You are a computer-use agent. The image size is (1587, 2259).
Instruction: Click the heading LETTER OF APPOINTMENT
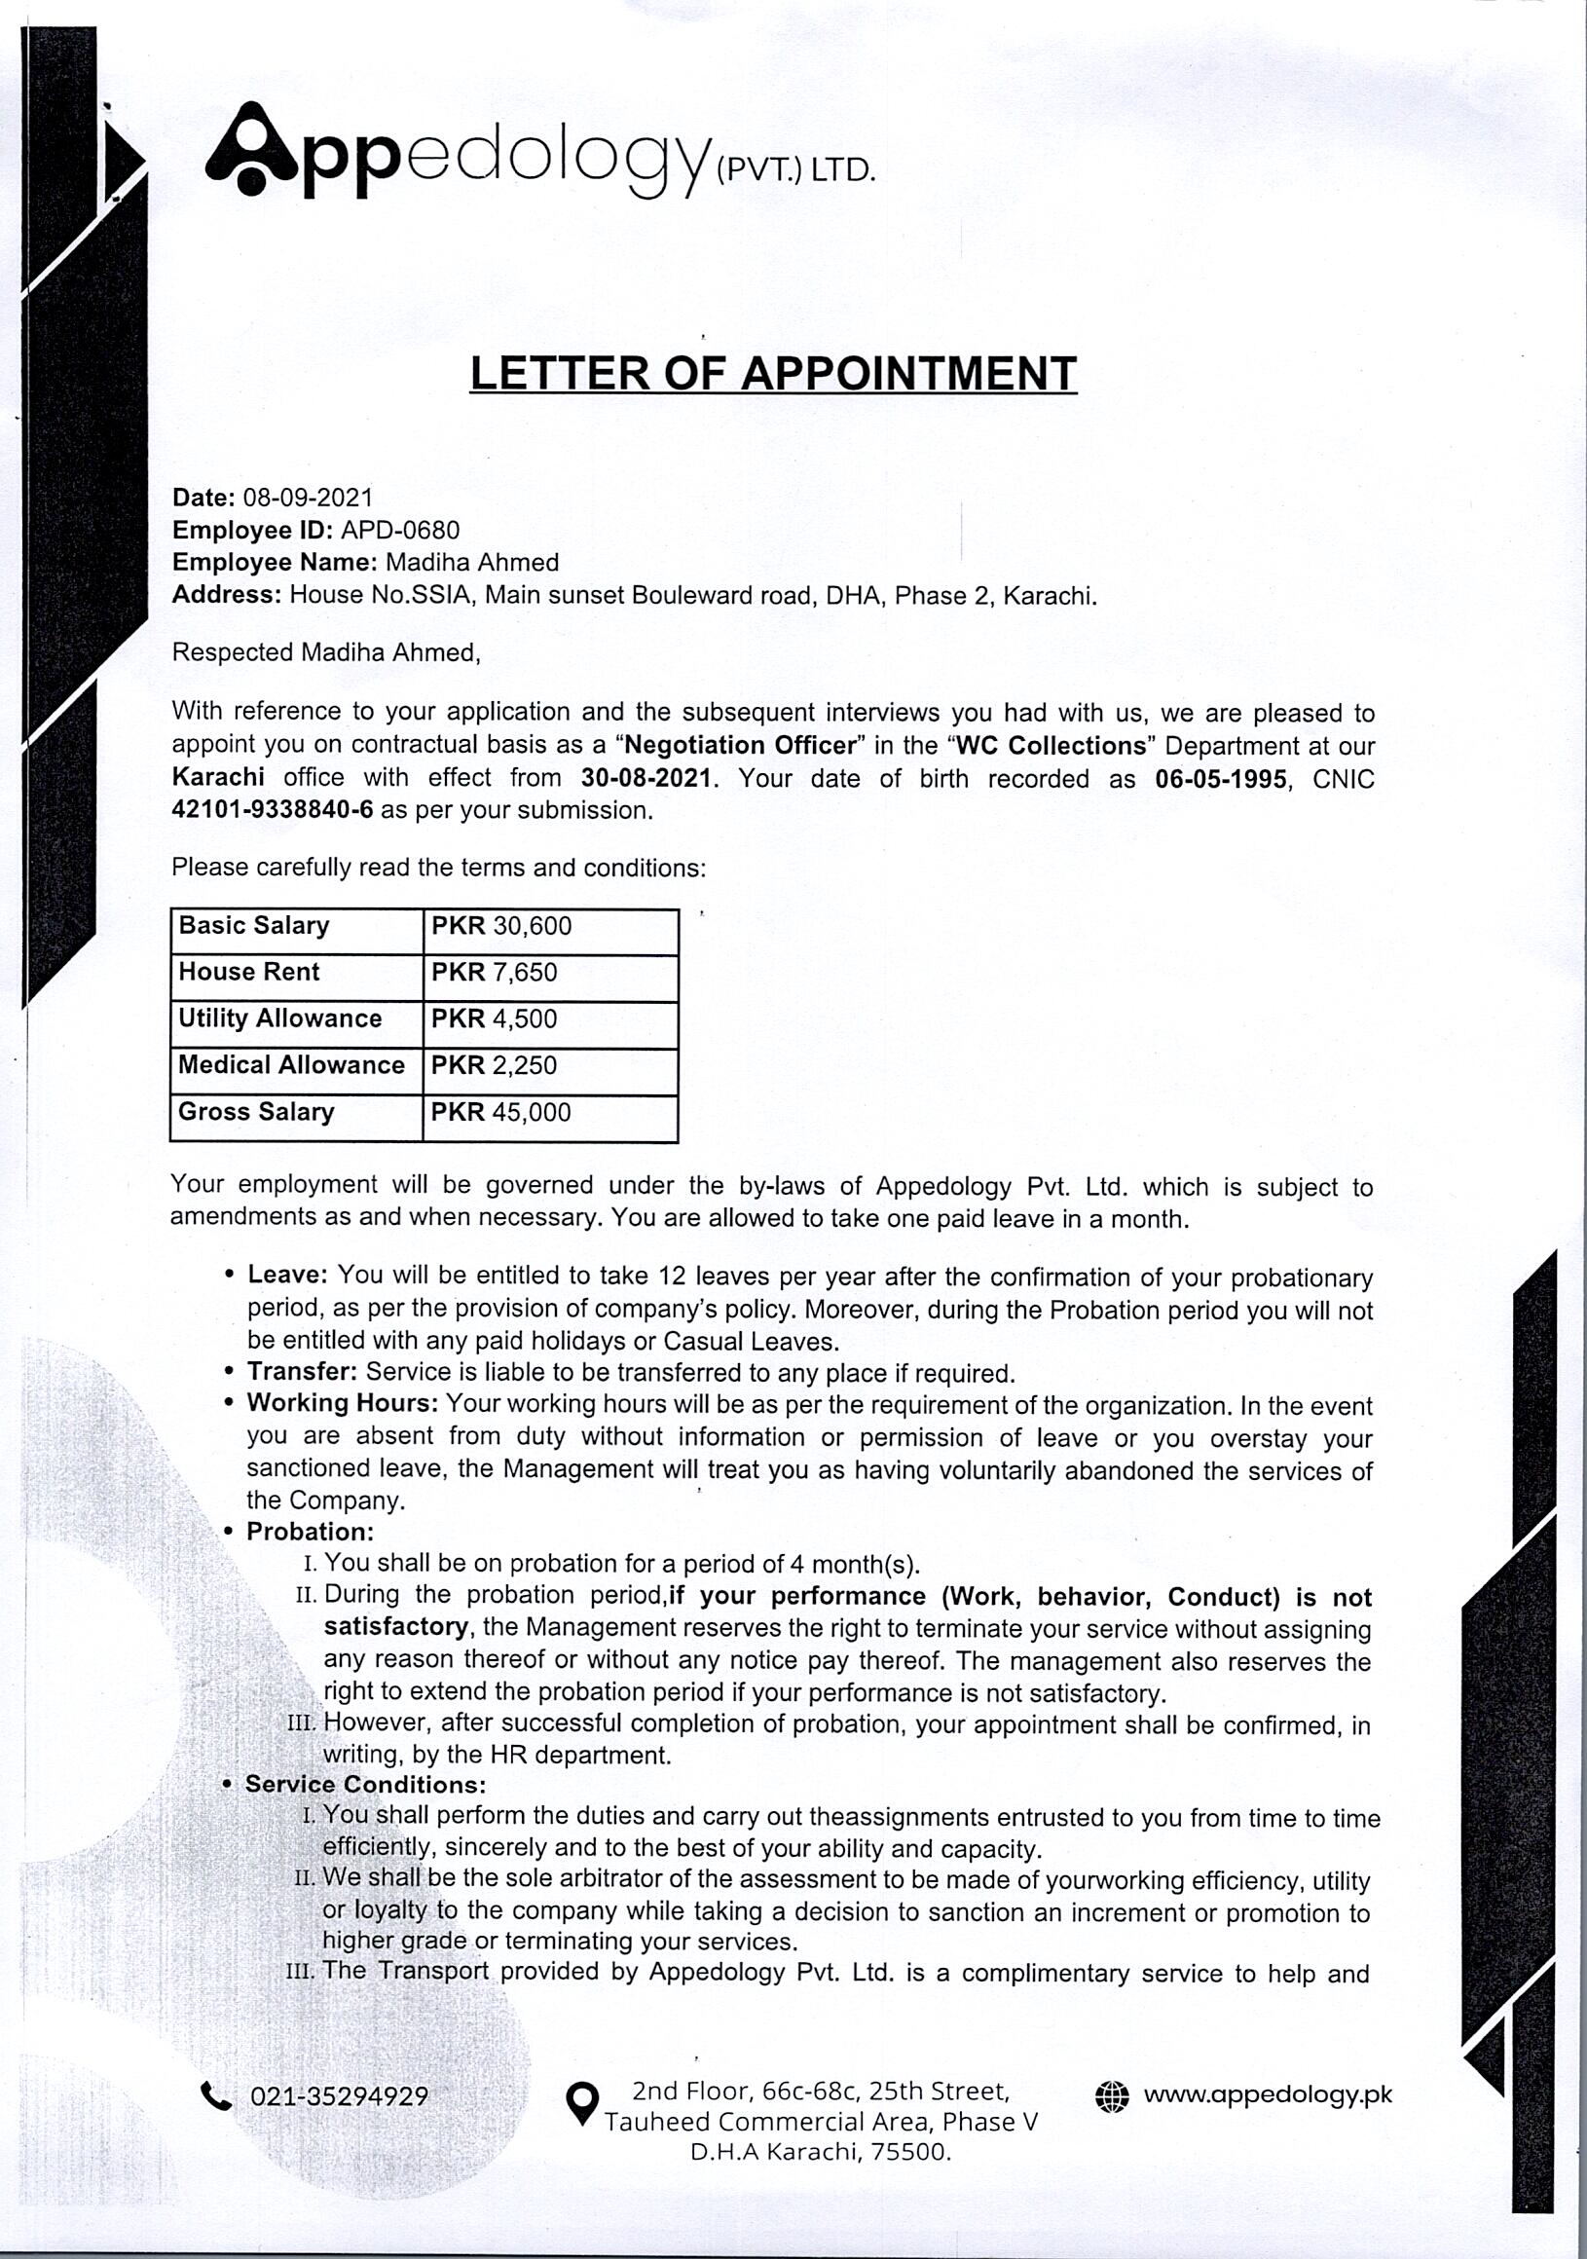point(773,374)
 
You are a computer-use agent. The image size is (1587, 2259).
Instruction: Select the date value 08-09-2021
point(308,498)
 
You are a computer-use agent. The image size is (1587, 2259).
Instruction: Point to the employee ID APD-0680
point(399,531)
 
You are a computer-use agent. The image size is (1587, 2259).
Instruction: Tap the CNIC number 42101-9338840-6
point(273,811)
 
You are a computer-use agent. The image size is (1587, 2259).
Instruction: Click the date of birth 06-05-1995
point(1220,779)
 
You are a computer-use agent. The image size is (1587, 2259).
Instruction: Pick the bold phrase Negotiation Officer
point(741,745)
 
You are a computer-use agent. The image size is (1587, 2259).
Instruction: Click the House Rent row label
point(249,972)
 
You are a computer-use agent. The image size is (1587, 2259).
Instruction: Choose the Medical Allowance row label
point(291,1064)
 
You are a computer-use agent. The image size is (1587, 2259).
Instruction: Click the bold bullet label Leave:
point(286,1276)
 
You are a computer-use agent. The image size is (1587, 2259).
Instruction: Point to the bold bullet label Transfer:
point(302,1372)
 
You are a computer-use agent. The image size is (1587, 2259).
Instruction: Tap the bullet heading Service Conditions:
point(365,1785)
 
